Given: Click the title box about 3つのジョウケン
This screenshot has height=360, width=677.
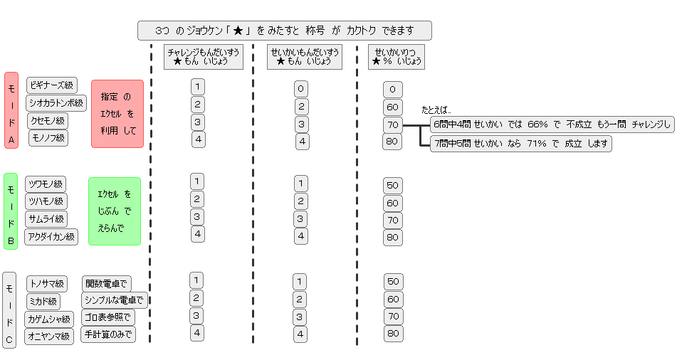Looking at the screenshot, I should point(284,31).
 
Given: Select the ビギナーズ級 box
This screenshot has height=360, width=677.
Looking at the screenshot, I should point(52,85).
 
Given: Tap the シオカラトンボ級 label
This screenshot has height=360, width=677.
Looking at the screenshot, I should point(57,103).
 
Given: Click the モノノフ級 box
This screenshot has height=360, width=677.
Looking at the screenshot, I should point(48,138).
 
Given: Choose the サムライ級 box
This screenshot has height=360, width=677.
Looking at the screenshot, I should point(46,219).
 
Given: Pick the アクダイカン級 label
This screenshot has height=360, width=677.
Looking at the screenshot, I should point(51,237).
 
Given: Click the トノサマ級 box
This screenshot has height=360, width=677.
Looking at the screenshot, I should point(47,284).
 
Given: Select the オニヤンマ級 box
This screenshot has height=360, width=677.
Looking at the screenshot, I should point(49,336).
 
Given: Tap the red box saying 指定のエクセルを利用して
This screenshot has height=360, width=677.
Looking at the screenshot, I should point(117,114).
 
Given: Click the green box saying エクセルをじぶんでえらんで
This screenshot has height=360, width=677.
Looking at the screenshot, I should point(114,211).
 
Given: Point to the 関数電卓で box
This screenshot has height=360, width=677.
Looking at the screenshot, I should point(107,284).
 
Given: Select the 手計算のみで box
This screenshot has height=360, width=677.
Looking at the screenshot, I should point(109,334).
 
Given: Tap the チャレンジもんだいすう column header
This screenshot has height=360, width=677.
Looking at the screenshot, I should point(204,57).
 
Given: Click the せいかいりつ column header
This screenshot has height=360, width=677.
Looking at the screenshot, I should point(397,57).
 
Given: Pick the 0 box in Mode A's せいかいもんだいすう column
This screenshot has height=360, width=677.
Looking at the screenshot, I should point(301,89).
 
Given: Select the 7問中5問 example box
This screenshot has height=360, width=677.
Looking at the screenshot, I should point(520,144).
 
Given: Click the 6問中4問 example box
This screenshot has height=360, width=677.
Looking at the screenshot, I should point(552,125).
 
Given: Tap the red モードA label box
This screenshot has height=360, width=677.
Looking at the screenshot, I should point(11,110).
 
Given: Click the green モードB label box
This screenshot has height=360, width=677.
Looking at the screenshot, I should point(11,211).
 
